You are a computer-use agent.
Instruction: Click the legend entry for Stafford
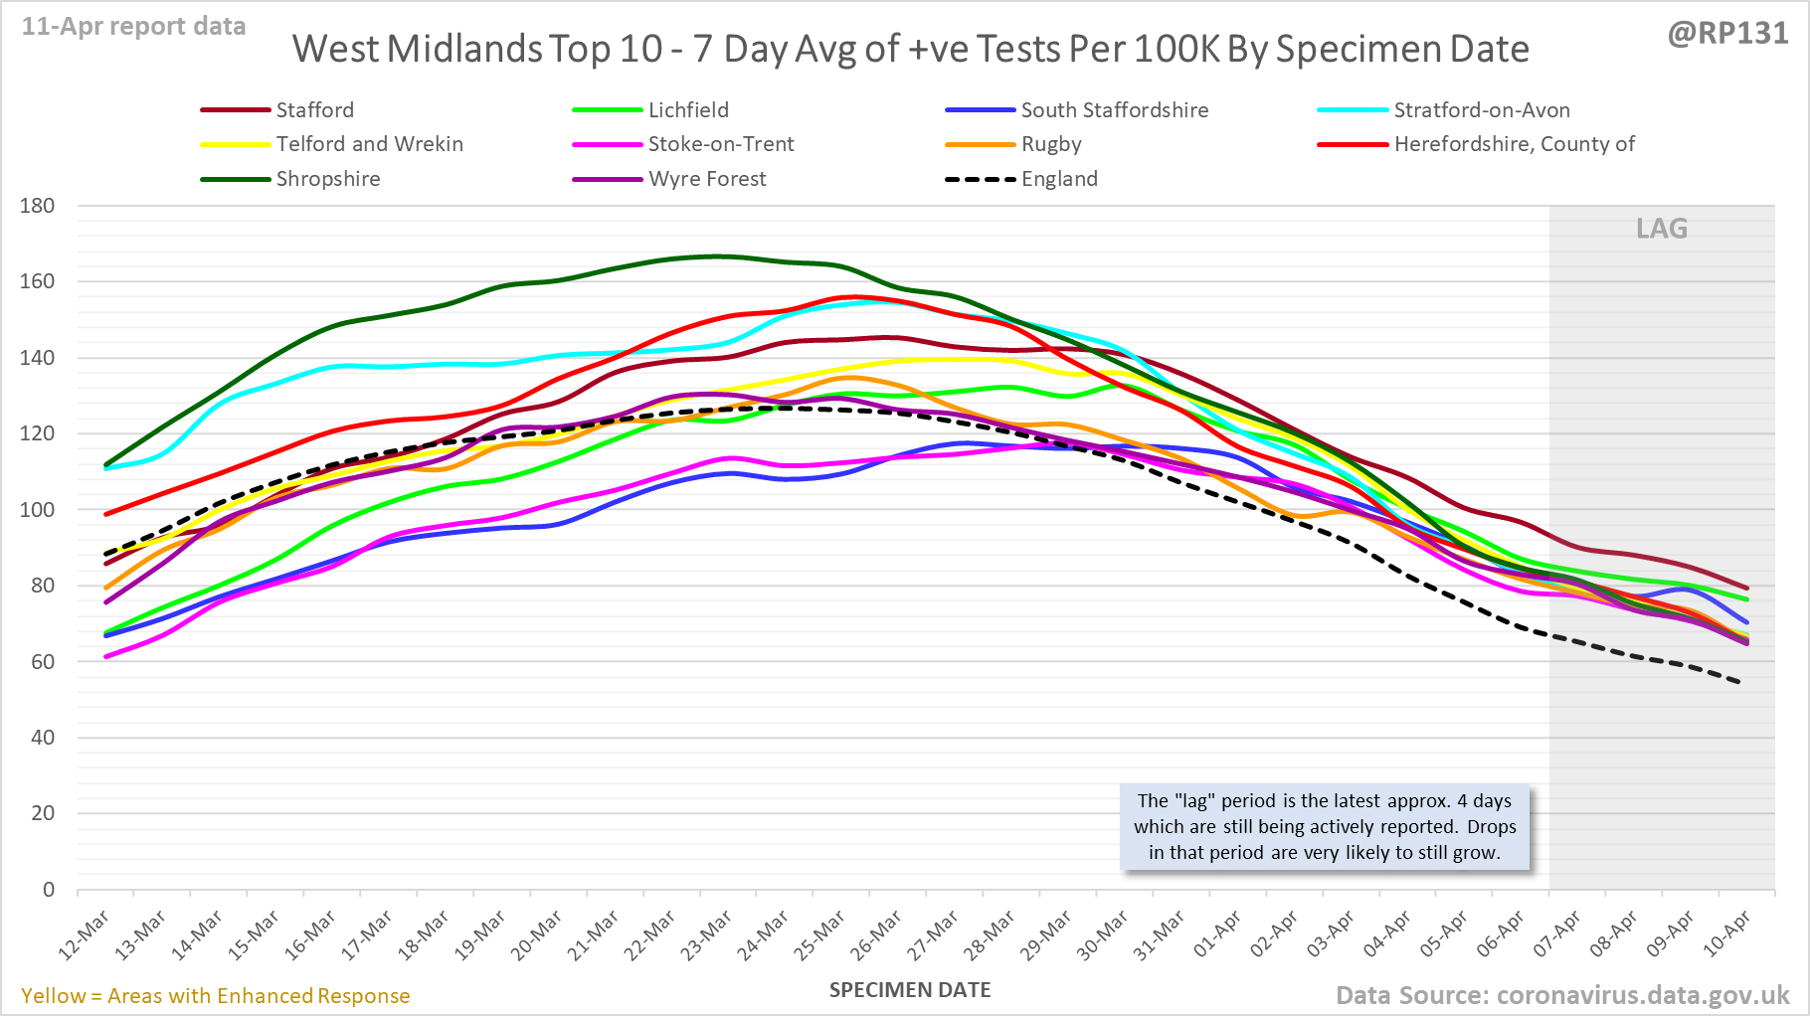[x=314, y=110]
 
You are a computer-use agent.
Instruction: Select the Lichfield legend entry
[x=688, y=110]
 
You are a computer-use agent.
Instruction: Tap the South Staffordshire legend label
[x=1114, y=110]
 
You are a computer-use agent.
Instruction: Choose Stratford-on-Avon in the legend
[x=1481, y=110]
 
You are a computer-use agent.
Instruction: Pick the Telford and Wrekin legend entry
[x=369, y=144]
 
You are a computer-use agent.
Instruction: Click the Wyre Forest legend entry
[x=707, y=179]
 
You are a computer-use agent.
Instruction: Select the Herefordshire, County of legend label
[x=1514, y=144]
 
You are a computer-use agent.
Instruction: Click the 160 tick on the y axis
[x=38, y=281]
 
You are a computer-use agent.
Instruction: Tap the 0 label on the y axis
[x=49, y=890]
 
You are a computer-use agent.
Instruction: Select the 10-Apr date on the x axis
[x=1726, y=935]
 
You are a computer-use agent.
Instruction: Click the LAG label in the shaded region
[x=1662, y=229]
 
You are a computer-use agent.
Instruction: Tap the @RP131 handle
[x=1727, y=33]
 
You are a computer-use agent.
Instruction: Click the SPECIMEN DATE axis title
[x=910, y=990]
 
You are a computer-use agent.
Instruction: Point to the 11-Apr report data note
[x=134, y=27]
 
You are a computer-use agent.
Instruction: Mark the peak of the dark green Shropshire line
[x=714, y=256]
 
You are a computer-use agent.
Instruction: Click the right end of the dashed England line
[x=1738, y=682]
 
